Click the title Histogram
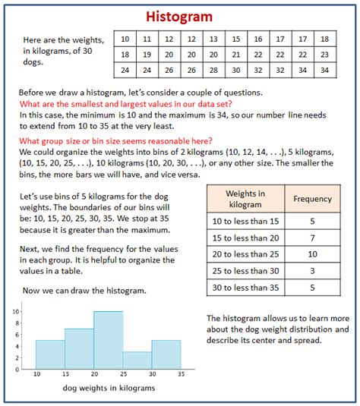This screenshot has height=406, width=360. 179,16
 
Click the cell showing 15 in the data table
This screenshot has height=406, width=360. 236,39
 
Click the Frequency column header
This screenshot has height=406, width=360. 312,199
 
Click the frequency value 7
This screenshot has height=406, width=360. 312,238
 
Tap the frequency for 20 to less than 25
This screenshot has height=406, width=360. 312,253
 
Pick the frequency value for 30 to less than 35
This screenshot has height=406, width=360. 312,287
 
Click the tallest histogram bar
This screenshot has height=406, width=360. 108,340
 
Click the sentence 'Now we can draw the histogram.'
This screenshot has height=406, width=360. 84,291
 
